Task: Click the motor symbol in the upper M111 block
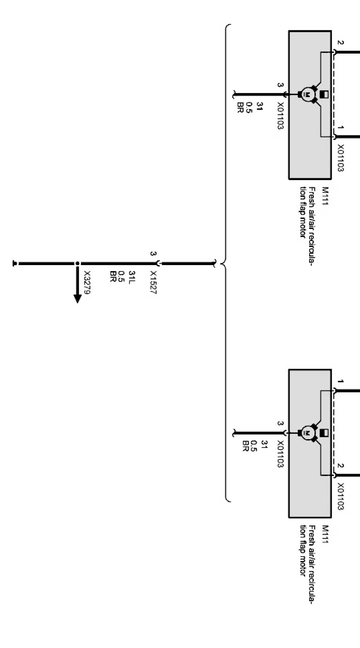[x=306, y=94]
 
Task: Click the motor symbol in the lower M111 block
[x=306, y=433]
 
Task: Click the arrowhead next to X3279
[x=77, y=298]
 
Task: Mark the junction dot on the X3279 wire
[x=77, y=264]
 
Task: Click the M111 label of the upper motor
[x=325, y=195]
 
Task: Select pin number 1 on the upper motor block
[x=340, y=127]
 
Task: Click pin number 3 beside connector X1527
[x=153, y=254]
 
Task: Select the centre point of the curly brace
[x=222, y=264]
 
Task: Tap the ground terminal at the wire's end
[x=15, y=264]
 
